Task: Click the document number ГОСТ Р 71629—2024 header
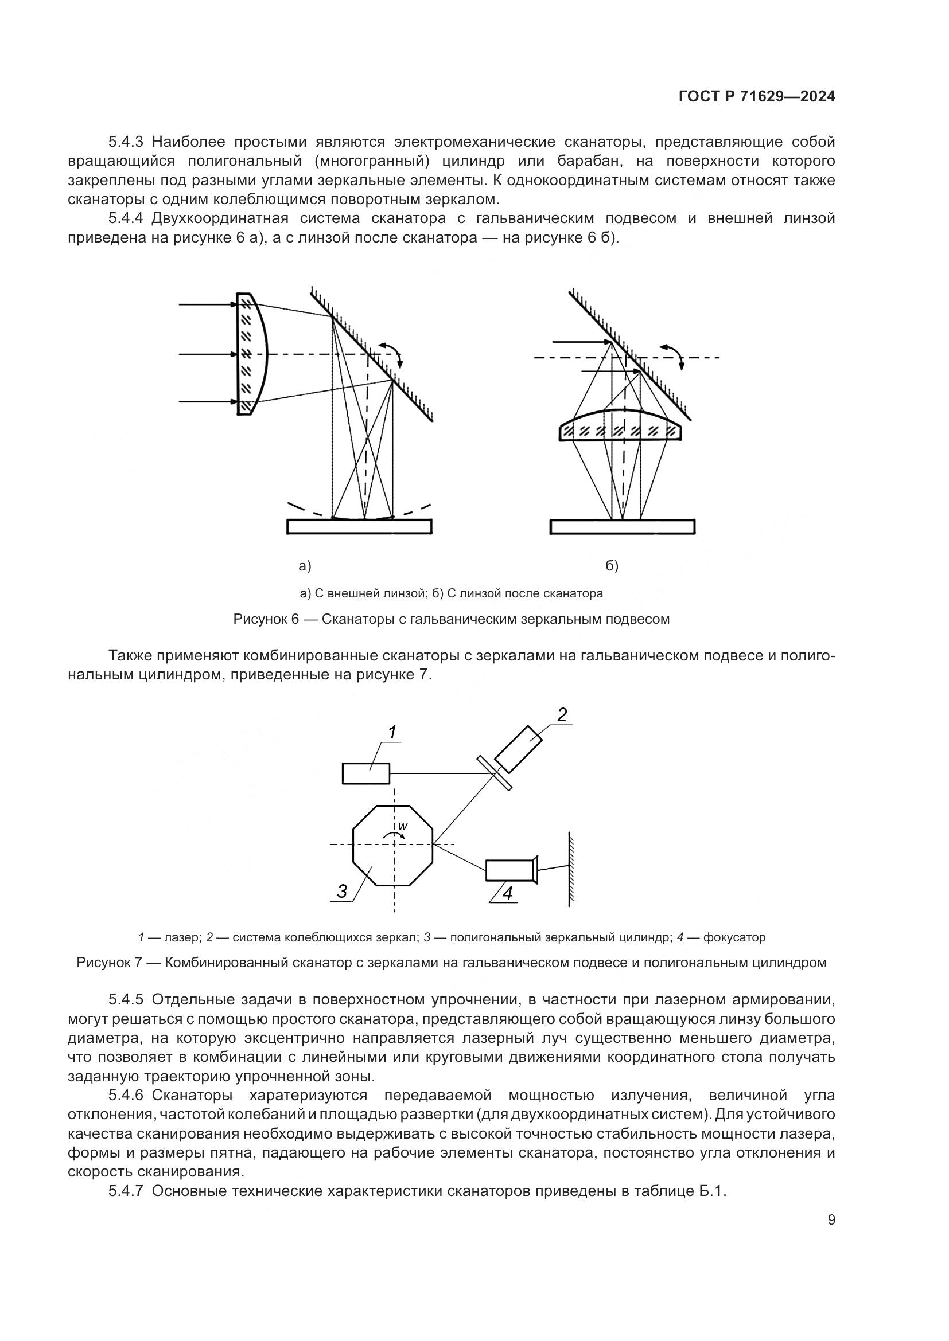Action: pos(756,97)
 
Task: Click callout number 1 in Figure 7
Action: pos(392,732)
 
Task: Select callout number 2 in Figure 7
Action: pos(562,715)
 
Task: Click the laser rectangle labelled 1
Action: pos(366,773)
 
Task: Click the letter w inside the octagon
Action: pos(403,827)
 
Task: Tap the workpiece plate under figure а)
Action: pos(359,526)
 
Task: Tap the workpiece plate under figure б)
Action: pos(623,526)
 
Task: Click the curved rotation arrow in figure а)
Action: pos(391,353)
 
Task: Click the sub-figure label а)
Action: pos(305,565)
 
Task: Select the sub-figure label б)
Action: pos(612,565)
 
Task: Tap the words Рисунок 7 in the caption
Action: pos(109,963)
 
